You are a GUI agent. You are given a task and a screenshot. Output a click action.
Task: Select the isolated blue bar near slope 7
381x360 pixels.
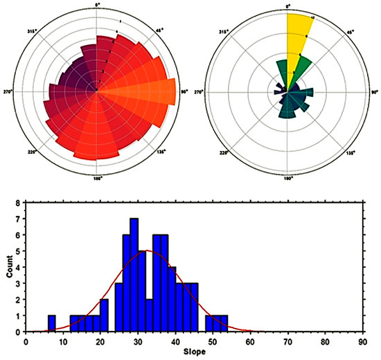click(51, 323)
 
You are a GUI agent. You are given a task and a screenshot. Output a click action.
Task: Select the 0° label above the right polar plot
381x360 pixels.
click(289, 6)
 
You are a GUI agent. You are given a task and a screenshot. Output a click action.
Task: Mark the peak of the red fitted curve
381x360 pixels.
click(146, 251)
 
